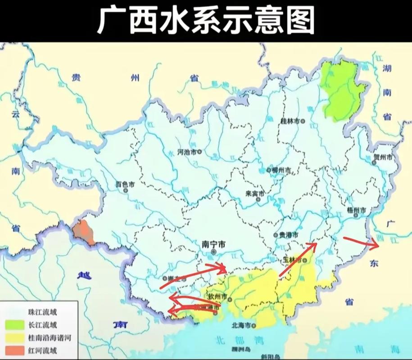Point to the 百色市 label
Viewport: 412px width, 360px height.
click(x=125, y=184)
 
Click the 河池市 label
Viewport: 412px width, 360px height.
click(x=187, y=152)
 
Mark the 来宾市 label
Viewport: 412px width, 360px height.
click(x=255, y=193)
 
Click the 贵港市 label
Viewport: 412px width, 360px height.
click(x=288, y=234)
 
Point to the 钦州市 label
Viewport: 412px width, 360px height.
click(x=218, y=297)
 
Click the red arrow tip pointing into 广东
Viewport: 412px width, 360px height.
click(x=377, y=245)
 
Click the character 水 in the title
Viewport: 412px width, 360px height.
click(x=174, y=20)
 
